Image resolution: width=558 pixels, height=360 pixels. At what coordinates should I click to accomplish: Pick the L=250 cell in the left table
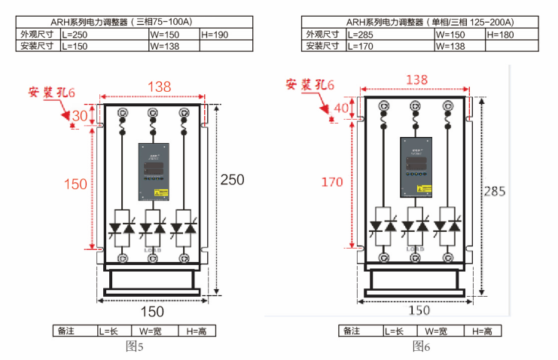[x=104, y=35]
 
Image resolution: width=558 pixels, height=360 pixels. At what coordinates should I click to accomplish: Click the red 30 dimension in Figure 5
[x=80, y=115]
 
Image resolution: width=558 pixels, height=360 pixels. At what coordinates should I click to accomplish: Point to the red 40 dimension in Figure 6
[x=341, y=108]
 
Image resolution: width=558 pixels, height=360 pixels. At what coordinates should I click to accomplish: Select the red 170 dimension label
[x=331, y=182]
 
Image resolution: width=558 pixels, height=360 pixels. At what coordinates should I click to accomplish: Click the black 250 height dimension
[x=232, y=179]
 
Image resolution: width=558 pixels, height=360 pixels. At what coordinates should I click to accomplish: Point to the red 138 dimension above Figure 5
[x=158, y=87]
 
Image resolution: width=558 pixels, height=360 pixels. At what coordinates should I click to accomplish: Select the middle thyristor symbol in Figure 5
[x=154, y=226]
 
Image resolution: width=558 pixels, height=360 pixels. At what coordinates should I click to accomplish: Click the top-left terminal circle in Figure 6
[x=383, y=104]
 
